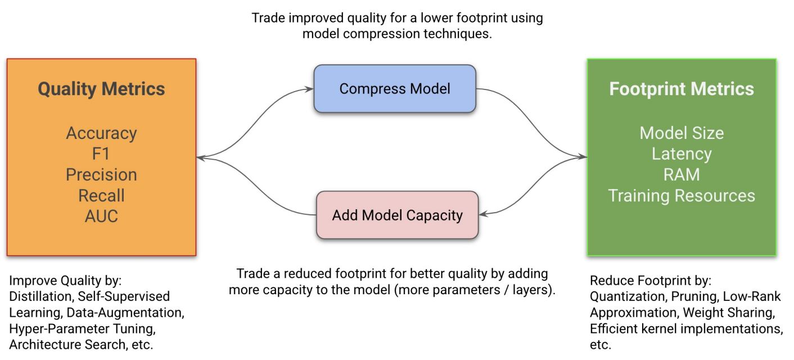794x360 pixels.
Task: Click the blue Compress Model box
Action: tap(394, 88)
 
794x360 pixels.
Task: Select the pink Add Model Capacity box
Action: tap(397, 215)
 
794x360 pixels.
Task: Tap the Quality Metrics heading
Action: tap(101, 89)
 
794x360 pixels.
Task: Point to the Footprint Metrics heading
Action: tap(682, 89)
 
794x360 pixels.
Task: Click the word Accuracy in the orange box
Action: tap(101, 133)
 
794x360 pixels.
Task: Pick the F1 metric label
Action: tap(101, 154)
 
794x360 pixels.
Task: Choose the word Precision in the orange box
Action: tap(101, 174)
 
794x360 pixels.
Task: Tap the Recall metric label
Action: tap(101, 195)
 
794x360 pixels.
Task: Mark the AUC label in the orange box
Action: tap(101, 215)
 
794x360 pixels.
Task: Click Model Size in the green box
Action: tap(682, 133)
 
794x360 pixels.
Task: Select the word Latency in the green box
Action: tap(682, 154)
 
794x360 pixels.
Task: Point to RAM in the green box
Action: tap(682, 174)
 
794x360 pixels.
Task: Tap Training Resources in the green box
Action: tap(682, 195)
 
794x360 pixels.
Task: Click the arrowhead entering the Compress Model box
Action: tap(309, 88)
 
